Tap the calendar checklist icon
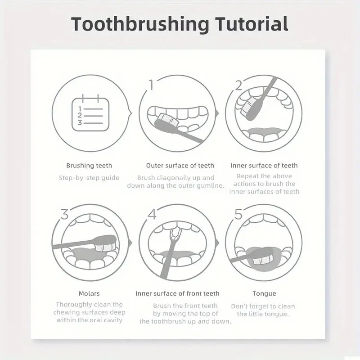coord(90,114)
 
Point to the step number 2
coord(238,85)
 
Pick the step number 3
coord(64,214)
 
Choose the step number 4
coord(152,214)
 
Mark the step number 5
coord(238,214)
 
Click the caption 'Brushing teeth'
coord(89,166)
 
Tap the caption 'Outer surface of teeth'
coord(180,166)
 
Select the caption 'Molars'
coord(89,293)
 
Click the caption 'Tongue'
coord(264,293)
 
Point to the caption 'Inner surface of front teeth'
coord(177,293)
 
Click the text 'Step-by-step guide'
coord(89,178)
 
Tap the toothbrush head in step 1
coord(166,120)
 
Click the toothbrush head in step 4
coord(175,234)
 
